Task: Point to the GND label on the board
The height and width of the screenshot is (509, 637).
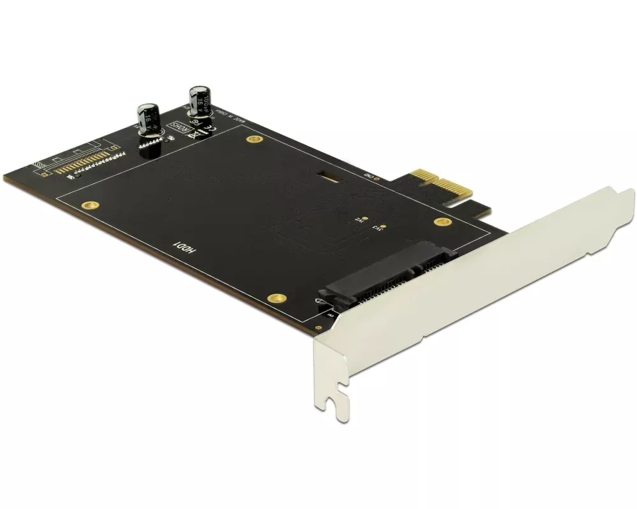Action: click(368, 176)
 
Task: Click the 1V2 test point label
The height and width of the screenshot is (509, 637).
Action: click(358, 221)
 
